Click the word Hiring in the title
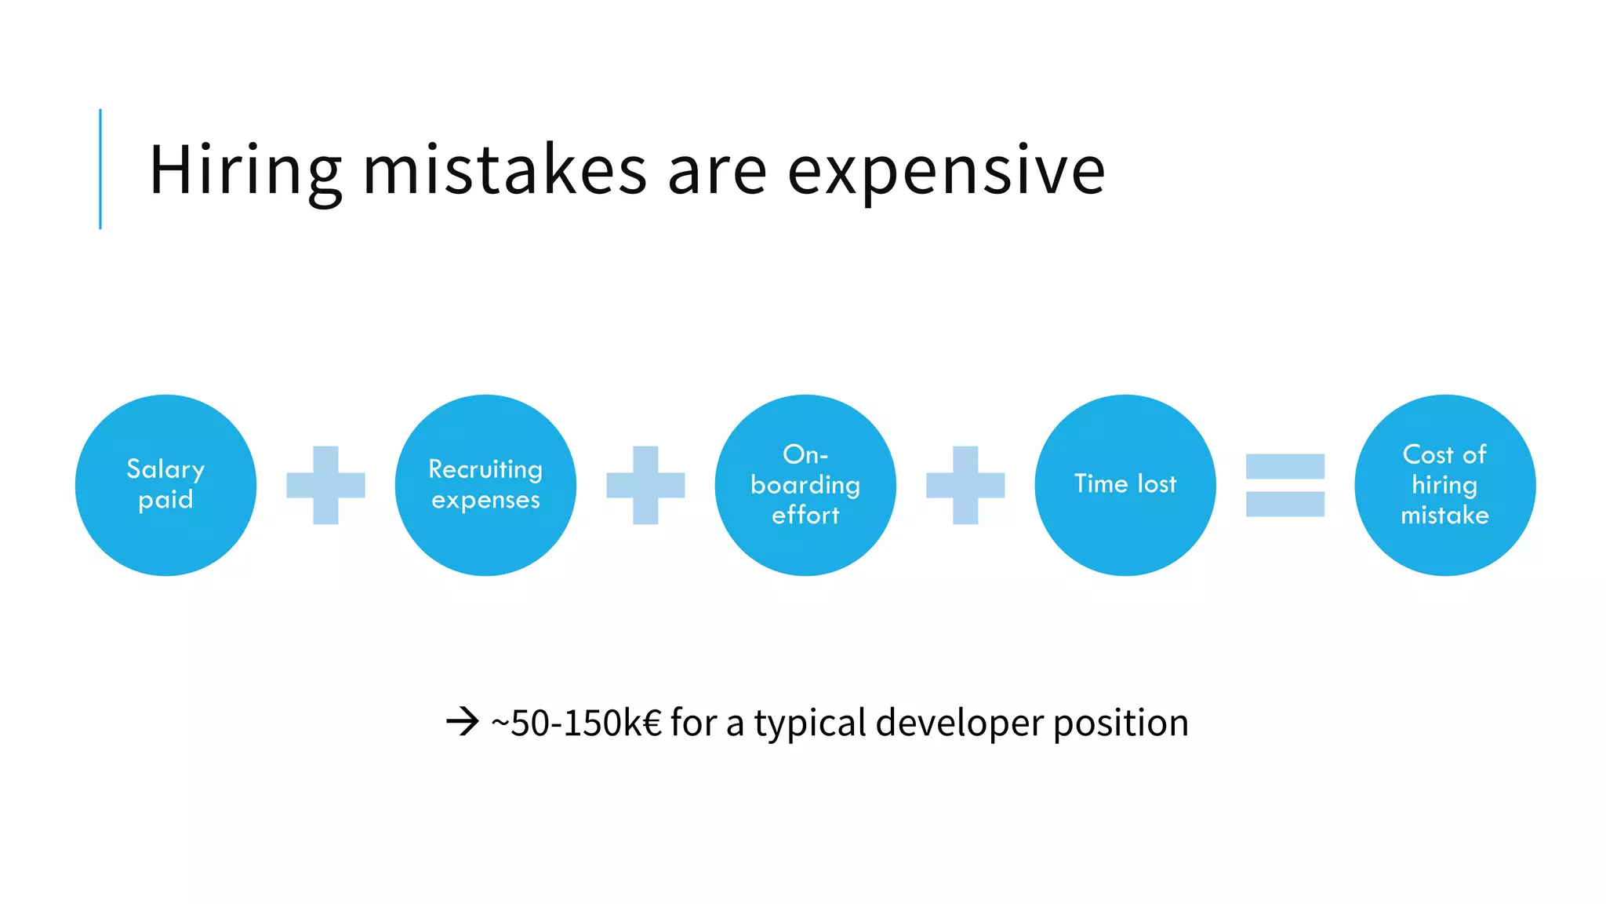[245, 170]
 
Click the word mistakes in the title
[504, 170]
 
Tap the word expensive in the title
[946, 170]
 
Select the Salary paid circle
[165, 485]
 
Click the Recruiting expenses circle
[485, 485]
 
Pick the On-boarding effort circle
[805, 485]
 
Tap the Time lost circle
[1125, 485]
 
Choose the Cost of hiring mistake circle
[1444, 485]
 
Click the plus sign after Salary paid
[325, 485]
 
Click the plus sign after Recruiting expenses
[645, 485]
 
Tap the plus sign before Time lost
[965, 485]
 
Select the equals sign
[1284, 485]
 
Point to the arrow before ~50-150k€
[463, 721]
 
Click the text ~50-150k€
[576, 723]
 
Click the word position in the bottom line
[1121, 723]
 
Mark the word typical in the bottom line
[810, 723]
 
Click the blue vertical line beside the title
[100, 169]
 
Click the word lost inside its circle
[1156, 483]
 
